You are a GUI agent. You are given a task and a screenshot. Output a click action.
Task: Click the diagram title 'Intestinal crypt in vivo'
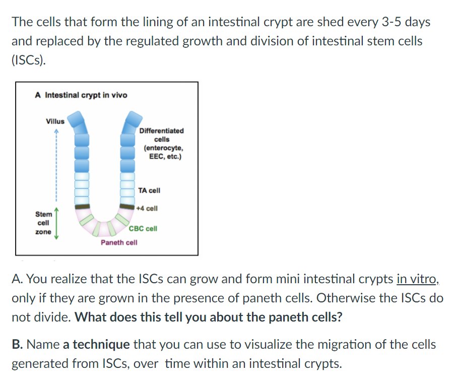(86, 95)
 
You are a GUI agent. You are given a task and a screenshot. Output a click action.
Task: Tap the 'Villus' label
(55, 121)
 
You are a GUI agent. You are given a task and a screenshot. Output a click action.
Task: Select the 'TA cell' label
(149, 190)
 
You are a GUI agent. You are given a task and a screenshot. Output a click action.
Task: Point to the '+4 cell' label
(147, 208)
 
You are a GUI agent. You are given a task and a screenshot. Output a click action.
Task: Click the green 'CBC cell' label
(143, 229)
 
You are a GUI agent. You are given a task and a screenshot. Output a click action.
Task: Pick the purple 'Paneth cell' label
(119, 242)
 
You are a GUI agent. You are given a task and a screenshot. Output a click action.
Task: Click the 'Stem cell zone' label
(44, 223)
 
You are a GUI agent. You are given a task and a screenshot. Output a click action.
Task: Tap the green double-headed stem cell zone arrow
(56, 223)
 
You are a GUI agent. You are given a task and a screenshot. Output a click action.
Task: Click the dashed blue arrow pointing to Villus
(56, 165)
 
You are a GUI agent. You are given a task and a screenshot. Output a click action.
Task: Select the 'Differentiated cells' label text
(162, 144)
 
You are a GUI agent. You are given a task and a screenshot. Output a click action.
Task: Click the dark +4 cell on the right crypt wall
(127, 206)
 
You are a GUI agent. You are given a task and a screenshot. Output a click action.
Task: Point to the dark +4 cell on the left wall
(82, 207)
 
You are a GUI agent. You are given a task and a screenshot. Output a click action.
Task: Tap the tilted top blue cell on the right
(132, 121)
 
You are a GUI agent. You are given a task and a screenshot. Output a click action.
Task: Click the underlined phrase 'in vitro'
(417, 279)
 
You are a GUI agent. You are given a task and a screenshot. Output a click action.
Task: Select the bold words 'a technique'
(96, 345)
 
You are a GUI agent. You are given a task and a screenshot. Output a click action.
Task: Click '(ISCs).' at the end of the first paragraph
(29, 60)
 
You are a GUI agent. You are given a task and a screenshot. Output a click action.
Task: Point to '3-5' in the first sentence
(391, 22)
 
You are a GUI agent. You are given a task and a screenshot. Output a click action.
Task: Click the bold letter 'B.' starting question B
(18, 345)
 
